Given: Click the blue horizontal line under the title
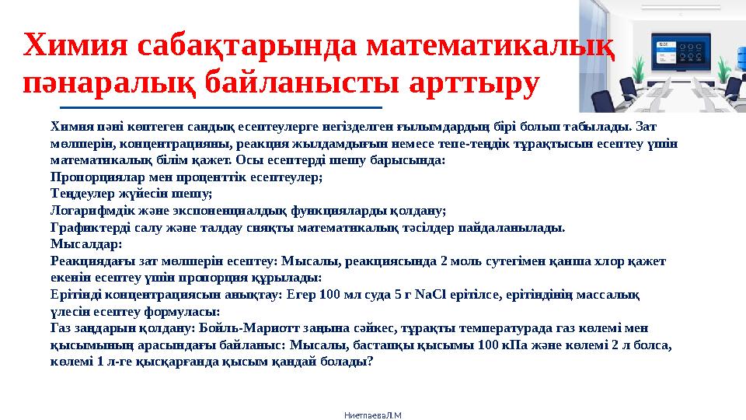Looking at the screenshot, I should (x=221, y=107).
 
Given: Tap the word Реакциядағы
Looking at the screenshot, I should (x=88, y=261).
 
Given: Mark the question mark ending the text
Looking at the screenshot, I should (x=369, y=362).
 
